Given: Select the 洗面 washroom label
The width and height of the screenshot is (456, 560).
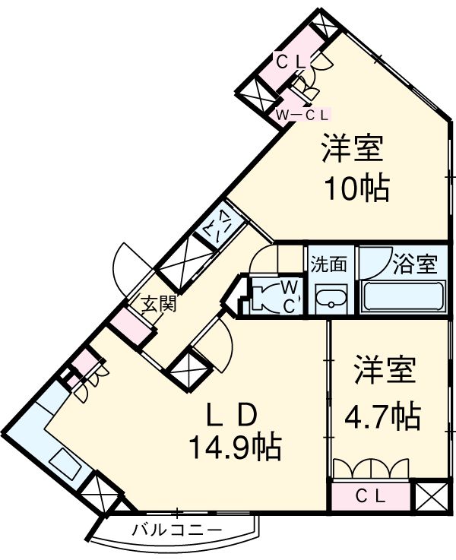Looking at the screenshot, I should click(329, 264).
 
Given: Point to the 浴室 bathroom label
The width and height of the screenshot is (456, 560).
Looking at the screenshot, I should click(415, 264).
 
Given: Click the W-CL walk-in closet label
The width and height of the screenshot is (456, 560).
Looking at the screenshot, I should click(302, 115).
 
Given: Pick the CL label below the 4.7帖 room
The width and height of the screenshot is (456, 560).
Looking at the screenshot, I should click(372, 497).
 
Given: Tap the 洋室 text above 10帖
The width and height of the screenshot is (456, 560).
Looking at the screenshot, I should click(351, 149).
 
